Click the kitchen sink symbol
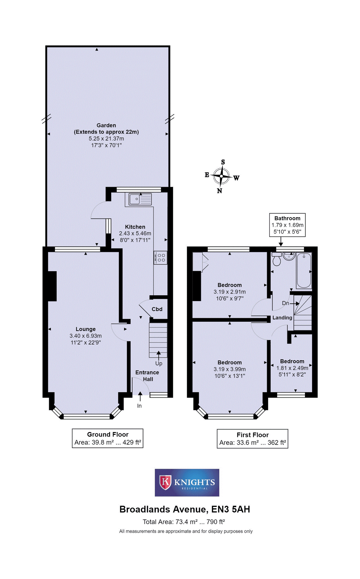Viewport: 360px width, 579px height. (140, 199)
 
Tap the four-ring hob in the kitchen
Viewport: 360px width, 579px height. (160, 258)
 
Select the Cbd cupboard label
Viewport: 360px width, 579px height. (157, 309)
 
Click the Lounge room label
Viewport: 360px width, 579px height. (85, 329)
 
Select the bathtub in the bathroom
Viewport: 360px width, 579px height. (304, 270)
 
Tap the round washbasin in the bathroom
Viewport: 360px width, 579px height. (289, 256)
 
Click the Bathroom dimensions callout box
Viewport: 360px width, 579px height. (287, 225)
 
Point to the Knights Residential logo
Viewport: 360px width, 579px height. (187, 482)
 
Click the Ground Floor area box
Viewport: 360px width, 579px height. (107, 438)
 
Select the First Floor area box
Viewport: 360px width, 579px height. (252, 439)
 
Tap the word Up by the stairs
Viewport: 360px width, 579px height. (159, 363)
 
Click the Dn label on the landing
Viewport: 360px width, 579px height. (285, 303)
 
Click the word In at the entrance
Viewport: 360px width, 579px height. (139, 406)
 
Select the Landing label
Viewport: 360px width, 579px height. (282, 318)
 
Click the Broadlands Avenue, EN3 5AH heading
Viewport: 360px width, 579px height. (184, 509)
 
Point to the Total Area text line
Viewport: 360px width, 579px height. (184, 522)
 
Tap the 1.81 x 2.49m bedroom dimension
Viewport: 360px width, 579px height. (292, 368)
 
